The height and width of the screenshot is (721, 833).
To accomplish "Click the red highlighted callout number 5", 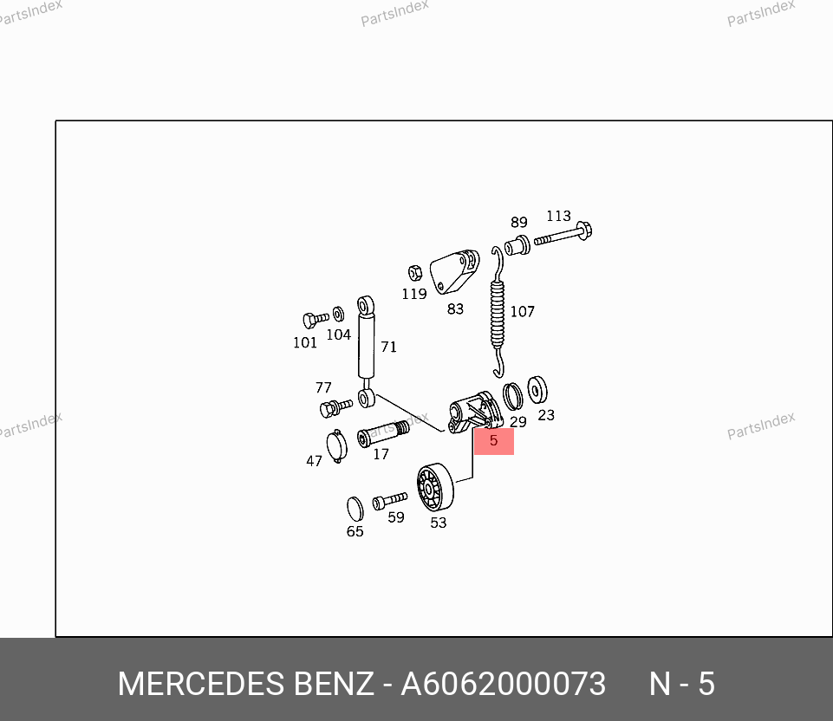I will point(493,440).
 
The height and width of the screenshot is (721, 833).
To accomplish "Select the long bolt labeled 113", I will point(564,234).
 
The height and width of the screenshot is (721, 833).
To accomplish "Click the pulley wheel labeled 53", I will point(434,489).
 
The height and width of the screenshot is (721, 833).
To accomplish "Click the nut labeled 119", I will point(415,272).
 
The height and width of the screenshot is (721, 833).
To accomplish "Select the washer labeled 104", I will point(338,312).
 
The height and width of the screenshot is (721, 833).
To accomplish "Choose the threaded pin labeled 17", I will point(382,432).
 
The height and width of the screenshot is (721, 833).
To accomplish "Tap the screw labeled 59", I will point(389,501).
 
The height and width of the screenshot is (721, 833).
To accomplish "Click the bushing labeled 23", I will point(537,390).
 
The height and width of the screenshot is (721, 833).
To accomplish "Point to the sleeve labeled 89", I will point(517,245).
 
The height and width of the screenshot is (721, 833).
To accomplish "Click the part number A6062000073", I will point(503,685).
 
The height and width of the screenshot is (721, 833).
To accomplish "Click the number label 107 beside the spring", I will point(522,312).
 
